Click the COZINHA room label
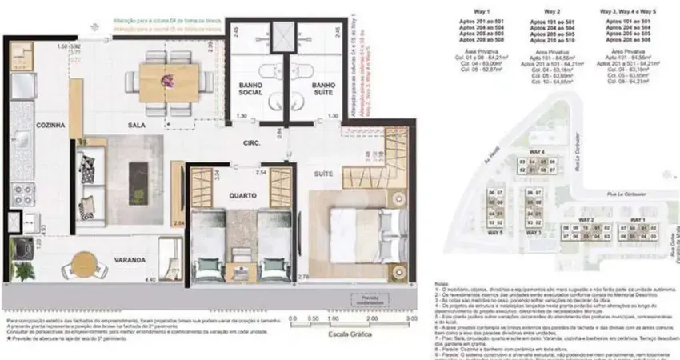(x=34, y=125)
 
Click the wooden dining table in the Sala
(x=169, y=78)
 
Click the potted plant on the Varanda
(x=24, y=270)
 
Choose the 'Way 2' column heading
(x=551, y=11)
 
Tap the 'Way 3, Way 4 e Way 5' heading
(x=628, y=11)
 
